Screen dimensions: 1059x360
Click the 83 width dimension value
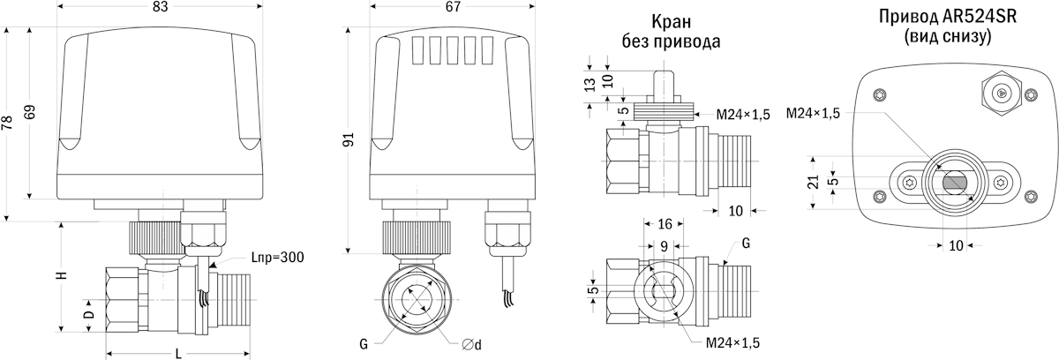click(161, 6)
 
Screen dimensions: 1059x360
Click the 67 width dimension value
click(453, 6)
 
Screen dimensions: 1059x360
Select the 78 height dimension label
click(7, 123)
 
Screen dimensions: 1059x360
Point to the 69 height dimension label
click(30, 112)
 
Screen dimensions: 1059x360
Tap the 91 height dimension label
click(348, 139)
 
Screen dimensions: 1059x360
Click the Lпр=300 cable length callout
click(277, 258)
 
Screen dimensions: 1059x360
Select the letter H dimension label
click(62, 275)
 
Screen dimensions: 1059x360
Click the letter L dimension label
click(178, 354)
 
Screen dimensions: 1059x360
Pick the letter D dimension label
click(88, 314)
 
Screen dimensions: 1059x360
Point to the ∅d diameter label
click(471, 345)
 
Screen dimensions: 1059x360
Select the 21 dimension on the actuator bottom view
click(813, 182)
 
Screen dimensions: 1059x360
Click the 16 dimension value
click(665, 224)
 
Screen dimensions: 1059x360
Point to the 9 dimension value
click(665, 246)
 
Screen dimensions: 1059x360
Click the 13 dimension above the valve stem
click(590, 85)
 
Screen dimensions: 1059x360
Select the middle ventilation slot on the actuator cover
click(454, 50)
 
